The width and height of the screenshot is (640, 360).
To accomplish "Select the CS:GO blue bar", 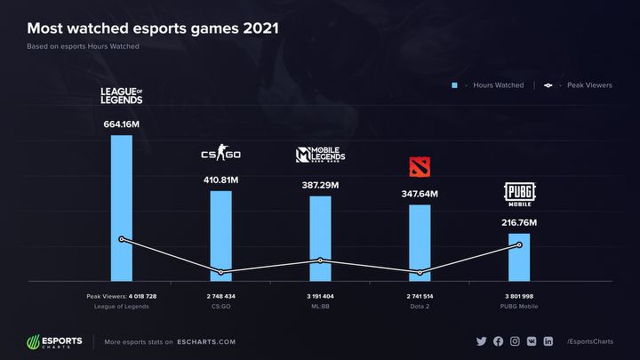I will (x=220, y=235).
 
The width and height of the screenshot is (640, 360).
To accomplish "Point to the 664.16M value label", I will (x=121, y=124).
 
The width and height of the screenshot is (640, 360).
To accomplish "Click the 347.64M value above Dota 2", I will (x=420, y=193).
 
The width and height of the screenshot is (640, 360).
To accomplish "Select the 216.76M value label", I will (x=519, y=221).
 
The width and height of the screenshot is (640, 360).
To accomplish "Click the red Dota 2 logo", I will (x=420, y=167).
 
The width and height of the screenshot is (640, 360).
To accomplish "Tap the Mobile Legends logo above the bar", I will (x=320, y=156).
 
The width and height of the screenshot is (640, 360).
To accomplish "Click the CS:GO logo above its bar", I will (x=220, y=156).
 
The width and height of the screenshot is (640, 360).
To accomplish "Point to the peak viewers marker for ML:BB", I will (x=320, y=260).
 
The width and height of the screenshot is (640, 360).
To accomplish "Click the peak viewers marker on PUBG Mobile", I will (x=519, y=244).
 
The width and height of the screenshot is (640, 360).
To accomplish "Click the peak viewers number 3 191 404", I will (x=320, y=295).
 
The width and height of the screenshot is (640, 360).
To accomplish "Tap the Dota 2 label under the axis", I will (x=420, y=307).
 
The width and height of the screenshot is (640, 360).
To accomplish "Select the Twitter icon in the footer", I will (x=482, y=341).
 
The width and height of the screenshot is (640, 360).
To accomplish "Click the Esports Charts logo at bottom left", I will (x=55, y=341).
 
